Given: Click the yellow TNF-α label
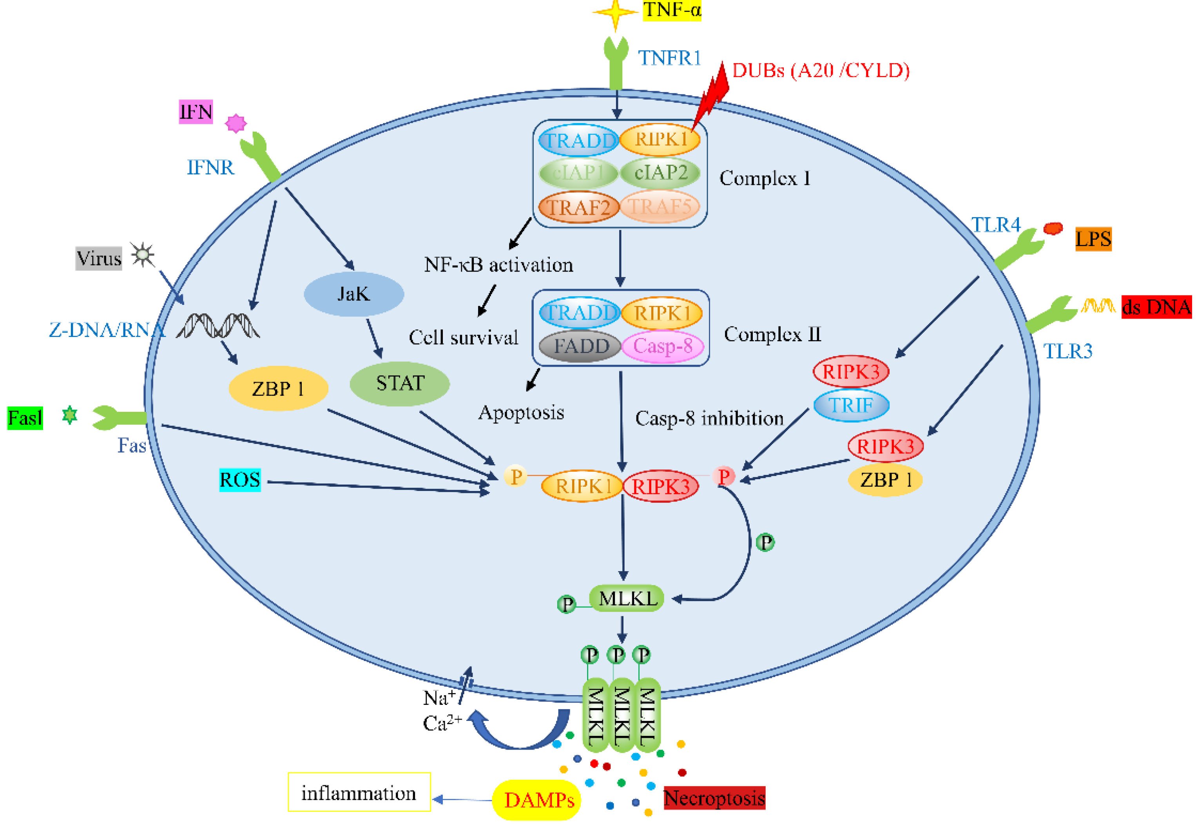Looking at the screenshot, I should coord(671,10).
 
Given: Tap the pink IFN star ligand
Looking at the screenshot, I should coord(236,123).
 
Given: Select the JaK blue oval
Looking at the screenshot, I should coord(354,294).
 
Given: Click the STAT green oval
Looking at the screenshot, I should coord(399,383).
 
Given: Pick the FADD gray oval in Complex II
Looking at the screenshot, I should coord(580,346).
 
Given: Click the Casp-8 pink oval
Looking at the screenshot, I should coord(663,346).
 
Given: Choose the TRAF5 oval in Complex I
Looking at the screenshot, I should coord(660,206).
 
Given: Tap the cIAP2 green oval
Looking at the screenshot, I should coord(660,172).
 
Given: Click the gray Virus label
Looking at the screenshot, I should coord(99,258).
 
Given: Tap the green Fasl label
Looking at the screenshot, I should coord(25,418).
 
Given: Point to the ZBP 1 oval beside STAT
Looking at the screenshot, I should coord(278,389).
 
